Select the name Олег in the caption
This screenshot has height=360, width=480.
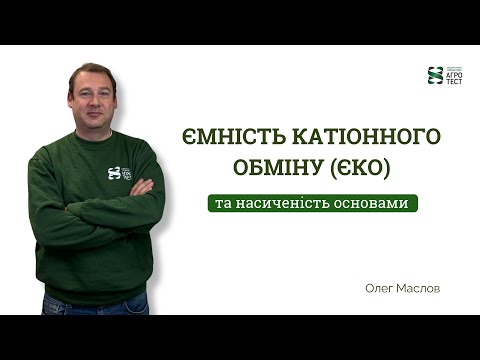click(x=382, y=286)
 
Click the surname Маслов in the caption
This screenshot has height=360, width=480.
click(x=422, y=286)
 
